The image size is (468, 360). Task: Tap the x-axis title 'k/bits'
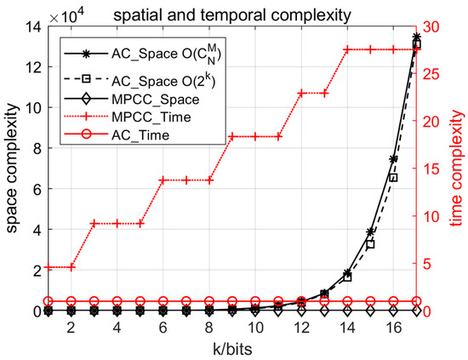(232, 349)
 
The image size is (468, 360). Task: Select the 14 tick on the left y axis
(30, 27)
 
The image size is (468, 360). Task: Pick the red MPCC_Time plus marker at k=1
(49, 267)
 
